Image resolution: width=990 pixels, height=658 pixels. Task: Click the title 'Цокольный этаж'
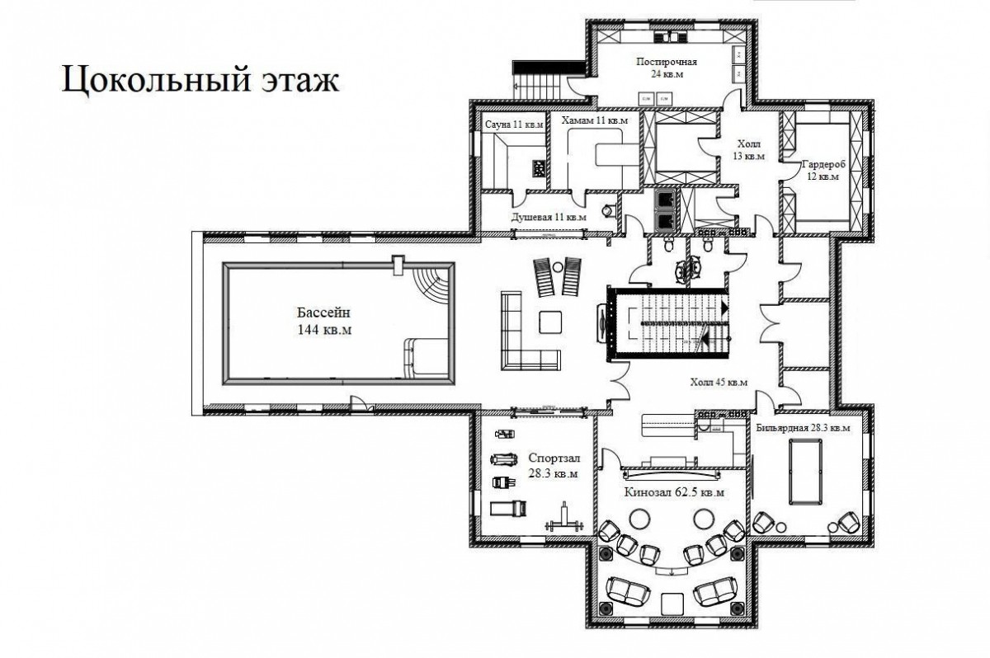(200, 80)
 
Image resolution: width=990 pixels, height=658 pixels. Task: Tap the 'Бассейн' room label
(323, 313)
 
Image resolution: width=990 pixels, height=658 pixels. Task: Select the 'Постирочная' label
(667, 61)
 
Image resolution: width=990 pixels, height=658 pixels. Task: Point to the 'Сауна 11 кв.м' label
(514, 125)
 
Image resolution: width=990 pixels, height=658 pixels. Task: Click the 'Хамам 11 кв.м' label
(595, 120)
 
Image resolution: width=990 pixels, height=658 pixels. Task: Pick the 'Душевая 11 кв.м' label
(549, 218)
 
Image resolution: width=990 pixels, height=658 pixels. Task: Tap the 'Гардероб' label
(823, 164)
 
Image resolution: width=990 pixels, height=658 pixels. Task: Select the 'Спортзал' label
(554, 458)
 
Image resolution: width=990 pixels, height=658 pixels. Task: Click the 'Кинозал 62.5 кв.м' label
(674, 492)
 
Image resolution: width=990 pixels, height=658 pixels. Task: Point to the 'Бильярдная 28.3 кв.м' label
(803, 428)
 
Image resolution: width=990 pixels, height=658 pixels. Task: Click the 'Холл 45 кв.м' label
(719, 382)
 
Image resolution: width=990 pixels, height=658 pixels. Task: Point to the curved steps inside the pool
(434, 286)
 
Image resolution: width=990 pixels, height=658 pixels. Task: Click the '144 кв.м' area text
(325, 330)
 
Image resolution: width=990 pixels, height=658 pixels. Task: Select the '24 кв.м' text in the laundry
(667, 73)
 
